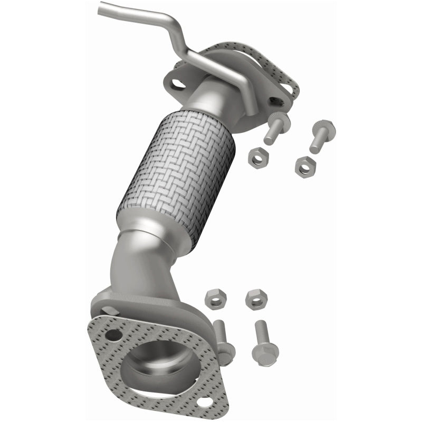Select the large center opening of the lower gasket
coord(161,364)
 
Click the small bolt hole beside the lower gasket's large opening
coord(111,334)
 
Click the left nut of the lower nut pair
coord(215,298)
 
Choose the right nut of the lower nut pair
coord(256,299)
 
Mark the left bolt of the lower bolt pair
coord(224,340)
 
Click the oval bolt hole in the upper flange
coord(179,83)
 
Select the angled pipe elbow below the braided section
coord(132,264)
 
